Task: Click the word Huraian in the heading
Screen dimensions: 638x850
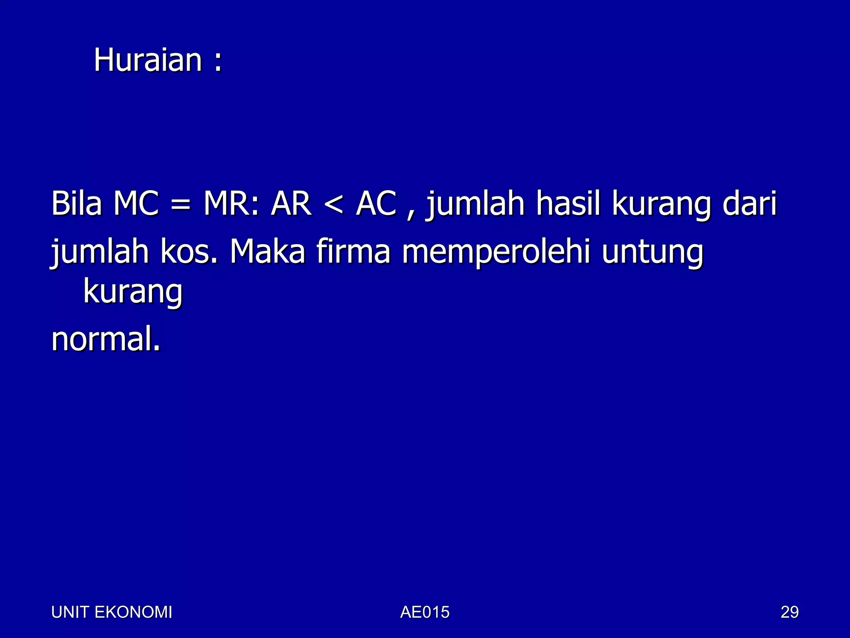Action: (x=148, y=60)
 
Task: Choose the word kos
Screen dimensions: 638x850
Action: (x=188, y=252)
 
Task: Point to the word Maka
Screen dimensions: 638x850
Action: (x=268, y=252)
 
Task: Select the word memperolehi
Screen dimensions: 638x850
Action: (x=496, y=253)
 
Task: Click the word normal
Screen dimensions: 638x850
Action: (x=105, y=339)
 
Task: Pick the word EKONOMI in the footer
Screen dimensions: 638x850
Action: (x=133, y=612)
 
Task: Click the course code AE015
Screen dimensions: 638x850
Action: (x=425, y=612)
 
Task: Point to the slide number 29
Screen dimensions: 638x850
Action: (x=789, y=612)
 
